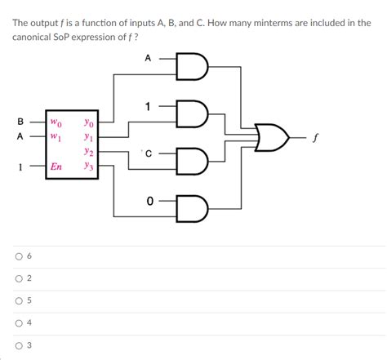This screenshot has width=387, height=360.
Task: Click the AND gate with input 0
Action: pos(195,203)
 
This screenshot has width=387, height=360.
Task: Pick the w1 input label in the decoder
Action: pos(56,137)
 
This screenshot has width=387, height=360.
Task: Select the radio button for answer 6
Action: pos(17,256)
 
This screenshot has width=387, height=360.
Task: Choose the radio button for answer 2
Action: pos(17,278)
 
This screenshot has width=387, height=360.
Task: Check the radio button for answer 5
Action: pos(17,300)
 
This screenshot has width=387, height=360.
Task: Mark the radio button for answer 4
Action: pos(17,322)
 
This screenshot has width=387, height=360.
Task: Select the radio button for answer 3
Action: pos(17,345)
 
